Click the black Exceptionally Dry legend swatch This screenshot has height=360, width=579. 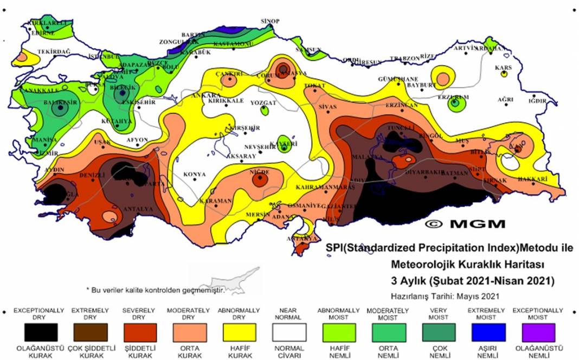(x=41, y=332)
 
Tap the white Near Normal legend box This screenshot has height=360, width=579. (x=289, y=332)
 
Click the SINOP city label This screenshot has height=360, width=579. (x=269, y=21)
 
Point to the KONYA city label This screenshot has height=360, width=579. (x=195, y=174)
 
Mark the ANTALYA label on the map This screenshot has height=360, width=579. (x=136, y=209)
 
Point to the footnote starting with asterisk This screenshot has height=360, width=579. (x=156, y=290)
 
